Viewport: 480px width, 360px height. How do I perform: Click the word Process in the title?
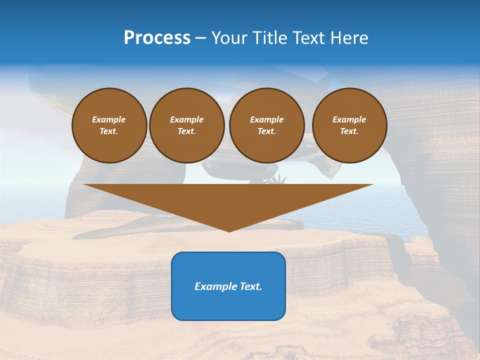pos(157,38)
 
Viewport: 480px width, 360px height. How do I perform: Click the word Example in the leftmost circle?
pos(109,119)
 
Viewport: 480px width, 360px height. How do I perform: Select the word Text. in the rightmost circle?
pos(349,131)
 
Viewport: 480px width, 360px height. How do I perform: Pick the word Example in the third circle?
pos(266,119)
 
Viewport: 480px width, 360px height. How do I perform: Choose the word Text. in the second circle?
pos(186,131)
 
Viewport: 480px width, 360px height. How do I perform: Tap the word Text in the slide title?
pos(310,38)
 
